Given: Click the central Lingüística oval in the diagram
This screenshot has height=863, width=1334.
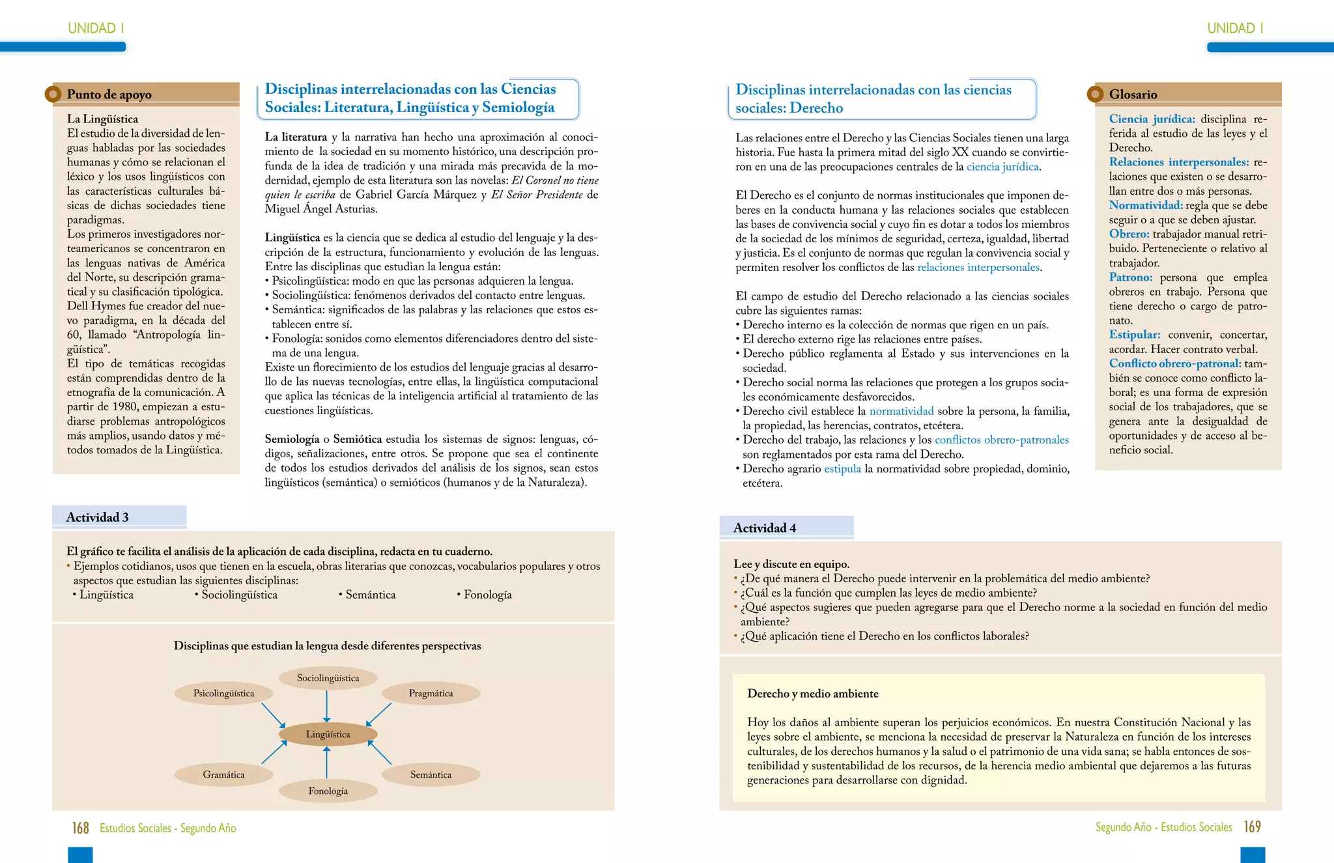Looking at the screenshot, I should pyautogui.click(x=328, y=734).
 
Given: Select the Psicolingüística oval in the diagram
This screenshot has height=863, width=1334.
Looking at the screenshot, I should pyautogui.click(x=223, y=693).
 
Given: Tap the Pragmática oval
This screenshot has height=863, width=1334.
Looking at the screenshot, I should pyautogui.click(x=431, y=693).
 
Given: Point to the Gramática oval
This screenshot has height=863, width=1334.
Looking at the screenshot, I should pyautogui.click(x=223, y=774).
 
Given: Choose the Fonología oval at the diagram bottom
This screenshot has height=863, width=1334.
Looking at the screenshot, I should pyautogui.click(x=328, y=791).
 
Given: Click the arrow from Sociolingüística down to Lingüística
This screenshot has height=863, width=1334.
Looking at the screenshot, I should pyautogui.click(x=327, y=706).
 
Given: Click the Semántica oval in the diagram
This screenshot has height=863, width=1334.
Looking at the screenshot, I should pyautogui.click(x=431, y=774).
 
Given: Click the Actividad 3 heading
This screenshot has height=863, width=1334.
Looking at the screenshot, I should pyautogui.click(x=98, y=517).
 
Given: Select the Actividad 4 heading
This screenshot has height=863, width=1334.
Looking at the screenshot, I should pyautogui.click(x=765, y=528).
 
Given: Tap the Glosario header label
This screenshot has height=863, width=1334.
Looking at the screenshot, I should pyautogui.click(x=1133, y=94).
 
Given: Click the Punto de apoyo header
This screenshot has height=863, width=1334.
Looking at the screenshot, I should pyautogui.click(x=109, y=94).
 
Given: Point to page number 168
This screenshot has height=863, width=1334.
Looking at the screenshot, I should pyautogui.click(x=80, y=828).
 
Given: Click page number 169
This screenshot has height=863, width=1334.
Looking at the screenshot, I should pyautogui.click(x=1252, y=827).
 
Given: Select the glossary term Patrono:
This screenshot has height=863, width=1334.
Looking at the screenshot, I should pyautogui.click(x=1131, y=277).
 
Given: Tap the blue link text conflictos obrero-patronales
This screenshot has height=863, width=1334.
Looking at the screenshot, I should pyautogui.click(x=1001, y=440).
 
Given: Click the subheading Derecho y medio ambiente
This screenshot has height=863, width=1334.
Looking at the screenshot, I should pyautogui.click(x=812, y=694).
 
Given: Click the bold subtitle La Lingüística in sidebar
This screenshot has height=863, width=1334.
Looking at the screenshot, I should pyautogui.click(x=102, y=119).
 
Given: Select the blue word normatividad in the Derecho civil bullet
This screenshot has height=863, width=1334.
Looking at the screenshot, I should pyautogui.click(x=901, y=411).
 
